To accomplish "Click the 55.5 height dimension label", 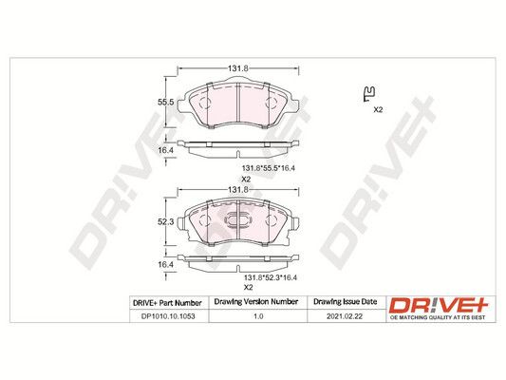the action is pos(165,103).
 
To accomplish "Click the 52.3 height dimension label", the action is pos(165,221).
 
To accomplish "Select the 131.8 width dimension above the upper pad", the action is pos(238,68).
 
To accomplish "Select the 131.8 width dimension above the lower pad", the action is pos(238,190).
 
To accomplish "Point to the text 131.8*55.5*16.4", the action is pos(269,168).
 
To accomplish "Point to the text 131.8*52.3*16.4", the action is pos(271,277).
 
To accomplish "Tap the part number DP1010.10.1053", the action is pos(168,316).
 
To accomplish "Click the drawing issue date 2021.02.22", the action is pos(345,316).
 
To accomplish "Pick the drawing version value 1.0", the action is pos(258,316).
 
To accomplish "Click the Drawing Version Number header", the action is pos(256,302).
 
